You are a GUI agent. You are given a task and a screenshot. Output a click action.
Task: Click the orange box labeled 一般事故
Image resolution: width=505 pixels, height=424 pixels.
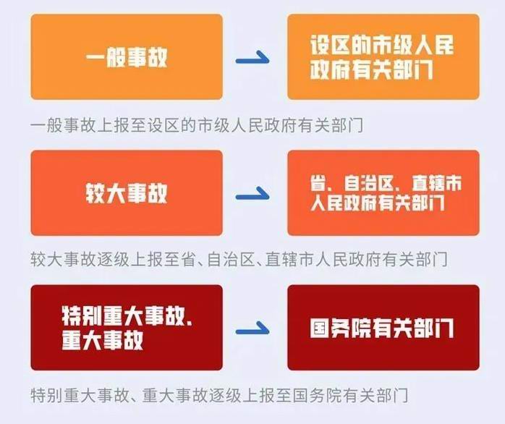(x=127, y=56)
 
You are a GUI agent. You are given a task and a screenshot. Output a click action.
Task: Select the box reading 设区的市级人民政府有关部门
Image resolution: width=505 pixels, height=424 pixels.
(x=383, y=56)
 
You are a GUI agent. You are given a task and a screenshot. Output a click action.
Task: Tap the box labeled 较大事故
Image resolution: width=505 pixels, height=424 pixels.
(x=127, y=192)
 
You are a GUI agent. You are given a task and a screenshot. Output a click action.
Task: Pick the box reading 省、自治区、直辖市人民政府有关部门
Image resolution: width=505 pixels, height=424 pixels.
(x=383, y=192)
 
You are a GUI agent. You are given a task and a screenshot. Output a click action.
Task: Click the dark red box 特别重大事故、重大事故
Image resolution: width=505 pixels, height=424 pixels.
(x=127, y=327)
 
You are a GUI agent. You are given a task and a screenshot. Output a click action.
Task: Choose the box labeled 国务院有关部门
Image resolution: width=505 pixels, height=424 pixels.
(x=383, y=327)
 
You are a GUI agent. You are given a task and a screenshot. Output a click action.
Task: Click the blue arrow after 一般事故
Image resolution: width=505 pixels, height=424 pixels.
(x=252, y=60)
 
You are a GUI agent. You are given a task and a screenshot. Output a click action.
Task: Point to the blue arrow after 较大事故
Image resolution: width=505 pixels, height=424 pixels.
(x=252, y=196)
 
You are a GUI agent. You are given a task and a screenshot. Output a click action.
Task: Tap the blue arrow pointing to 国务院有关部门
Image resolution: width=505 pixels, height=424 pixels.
(x=252, y=331)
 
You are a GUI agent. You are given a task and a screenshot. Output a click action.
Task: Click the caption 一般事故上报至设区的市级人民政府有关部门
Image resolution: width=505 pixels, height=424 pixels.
(x=197, y=125)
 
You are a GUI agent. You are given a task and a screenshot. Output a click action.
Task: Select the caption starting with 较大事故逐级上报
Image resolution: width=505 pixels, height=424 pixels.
(x=239, y=260)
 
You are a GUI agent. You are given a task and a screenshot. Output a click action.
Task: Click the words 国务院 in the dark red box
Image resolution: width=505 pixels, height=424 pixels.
(x=341, y=328)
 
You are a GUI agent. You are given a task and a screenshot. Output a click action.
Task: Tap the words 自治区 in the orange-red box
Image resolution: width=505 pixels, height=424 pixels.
(x=369, y=183)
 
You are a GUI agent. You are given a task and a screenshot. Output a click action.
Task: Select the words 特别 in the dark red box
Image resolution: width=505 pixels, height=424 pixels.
(x=81, y=315)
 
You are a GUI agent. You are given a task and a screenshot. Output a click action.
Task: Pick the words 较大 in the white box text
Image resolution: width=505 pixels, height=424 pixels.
(x=106, y=194)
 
